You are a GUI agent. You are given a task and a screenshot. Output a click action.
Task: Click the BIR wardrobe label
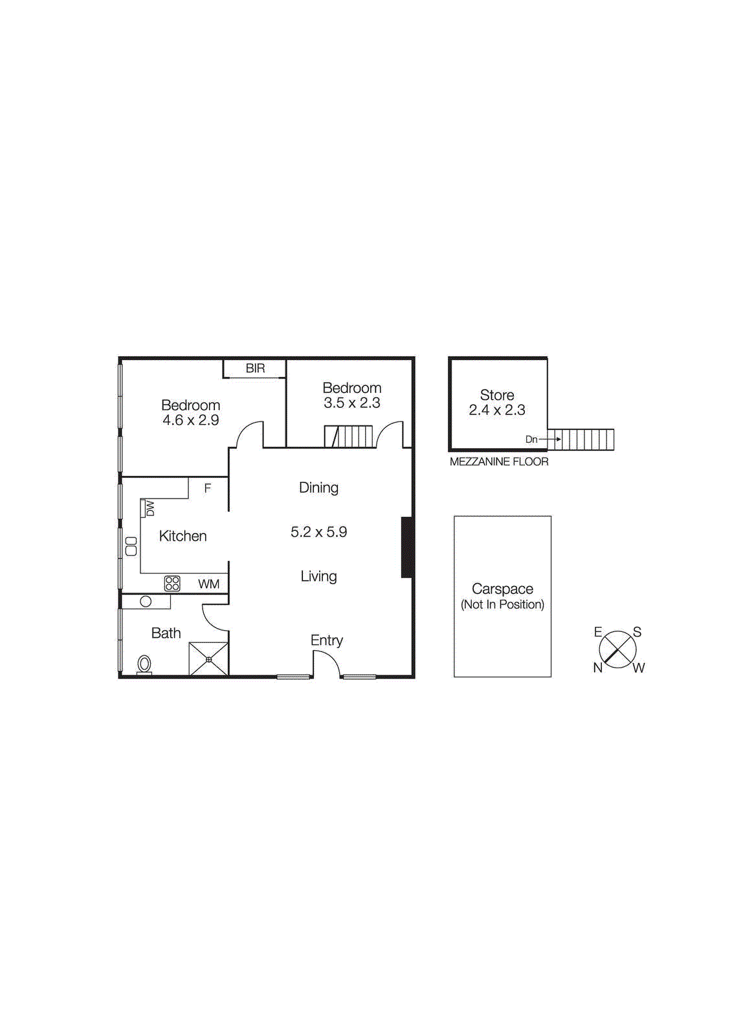pyautogui.click(x=255, y=368)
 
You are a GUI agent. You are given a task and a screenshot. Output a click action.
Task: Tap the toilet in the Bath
pyautogui.click(x=144, y=664)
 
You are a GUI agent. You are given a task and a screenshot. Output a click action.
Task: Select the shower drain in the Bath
pyautogui.click(x=209, y=659)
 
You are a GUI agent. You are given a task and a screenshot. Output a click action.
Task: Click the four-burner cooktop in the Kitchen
pyautogui.click(x=172, y=583)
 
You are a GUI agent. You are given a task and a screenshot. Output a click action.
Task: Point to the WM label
pyautogui.click(x=208, y=584)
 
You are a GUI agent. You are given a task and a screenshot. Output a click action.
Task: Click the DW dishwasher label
pyautogui.click(x=150, y=508)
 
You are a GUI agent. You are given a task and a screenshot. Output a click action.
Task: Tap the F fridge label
pyautogui.click(x=208, y=488)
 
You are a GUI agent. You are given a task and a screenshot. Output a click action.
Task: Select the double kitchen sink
pyautogui.click(x=131, y=546)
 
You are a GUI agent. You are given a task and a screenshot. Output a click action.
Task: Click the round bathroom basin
pyautogui.click(x=146, y=602)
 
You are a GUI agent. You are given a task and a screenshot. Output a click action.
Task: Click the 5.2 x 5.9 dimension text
pyautogui.click(x=318, y=532)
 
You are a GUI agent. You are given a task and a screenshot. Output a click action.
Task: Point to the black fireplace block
pyautogui.click(x=407, y=547)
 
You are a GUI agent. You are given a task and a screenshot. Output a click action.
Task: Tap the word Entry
pyautogui.click(x=326, y=640)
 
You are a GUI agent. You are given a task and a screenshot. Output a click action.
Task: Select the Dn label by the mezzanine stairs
pyautogui.click(x=531, y=440)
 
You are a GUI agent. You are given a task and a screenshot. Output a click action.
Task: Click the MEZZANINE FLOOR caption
pyautogui.click(x=499, y=462)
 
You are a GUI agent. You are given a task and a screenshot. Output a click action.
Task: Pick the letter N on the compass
pyautogui.click(x=597, y=668)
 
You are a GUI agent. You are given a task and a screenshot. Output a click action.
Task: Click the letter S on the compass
pyautogui.click(x=637, y=632)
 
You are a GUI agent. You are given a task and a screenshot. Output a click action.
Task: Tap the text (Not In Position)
pyautogui.click(x=502, y=605)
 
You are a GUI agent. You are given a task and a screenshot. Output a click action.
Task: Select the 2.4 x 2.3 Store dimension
pyautogui.click(x=497, y=410)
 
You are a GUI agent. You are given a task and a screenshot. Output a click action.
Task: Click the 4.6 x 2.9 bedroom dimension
pyautogui.click(x=190, y=420)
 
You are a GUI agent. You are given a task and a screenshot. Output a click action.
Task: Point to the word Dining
pyautogui.click(x=318, y=488)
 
